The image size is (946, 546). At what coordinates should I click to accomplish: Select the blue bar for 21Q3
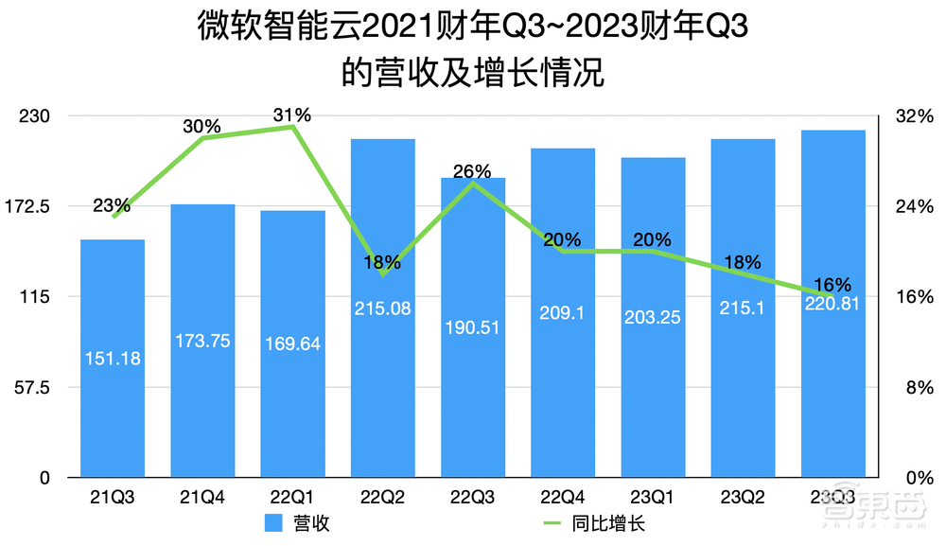112,397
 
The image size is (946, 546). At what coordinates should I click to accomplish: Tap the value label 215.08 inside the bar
382,308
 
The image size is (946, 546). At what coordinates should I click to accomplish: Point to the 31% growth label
292,114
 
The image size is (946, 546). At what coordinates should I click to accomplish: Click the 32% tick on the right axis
914,115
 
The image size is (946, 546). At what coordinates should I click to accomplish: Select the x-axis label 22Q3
472,497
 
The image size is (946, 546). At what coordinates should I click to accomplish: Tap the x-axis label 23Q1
653,497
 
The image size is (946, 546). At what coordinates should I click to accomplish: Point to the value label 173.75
202,340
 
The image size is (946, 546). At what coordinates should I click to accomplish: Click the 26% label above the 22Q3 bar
472,171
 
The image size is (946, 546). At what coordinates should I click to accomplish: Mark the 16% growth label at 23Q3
832,284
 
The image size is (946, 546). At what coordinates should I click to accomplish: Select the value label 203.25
653,318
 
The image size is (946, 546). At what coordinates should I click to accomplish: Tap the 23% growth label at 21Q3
112,205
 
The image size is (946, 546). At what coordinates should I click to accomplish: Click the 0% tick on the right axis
914,478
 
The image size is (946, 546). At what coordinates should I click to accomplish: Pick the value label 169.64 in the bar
292,343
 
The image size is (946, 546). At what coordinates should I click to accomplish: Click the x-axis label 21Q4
202,497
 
